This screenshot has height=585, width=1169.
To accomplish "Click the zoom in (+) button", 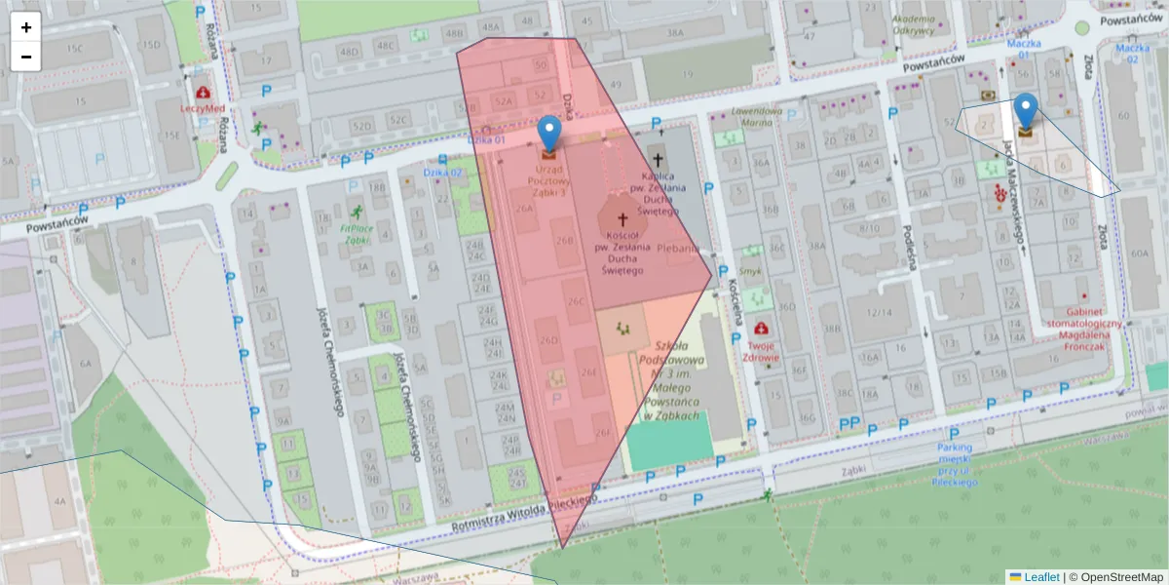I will click(26, 27).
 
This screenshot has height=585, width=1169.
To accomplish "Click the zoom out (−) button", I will click(26, 57).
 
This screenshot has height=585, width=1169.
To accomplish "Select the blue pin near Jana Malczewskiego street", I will click(1025, 111).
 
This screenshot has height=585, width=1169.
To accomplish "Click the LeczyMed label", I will click(203, 108).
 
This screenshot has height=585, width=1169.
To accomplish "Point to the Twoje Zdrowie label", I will click(762, 350).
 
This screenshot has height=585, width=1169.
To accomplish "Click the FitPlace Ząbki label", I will click(357, 234).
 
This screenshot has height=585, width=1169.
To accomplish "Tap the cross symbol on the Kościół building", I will click(622, 221).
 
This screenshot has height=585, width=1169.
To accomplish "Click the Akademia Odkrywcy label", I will click(913, 25).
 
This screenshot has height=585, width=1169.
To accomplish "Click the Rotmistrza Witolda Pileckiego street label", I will click(524, 516).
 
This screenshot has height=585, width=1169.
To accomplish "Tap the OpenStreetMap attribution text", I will click(1115, 577).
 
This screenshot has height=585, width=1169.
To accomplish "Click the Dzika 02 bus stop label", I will click(442, 173).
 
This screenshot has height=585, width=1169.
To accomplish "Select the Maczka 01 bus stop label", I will click(1024, 50).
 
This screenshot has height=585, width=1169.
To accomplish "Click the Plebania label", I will click(678, 249).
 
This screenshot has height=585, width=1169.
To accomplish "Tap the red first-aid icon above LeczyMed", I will click(203, 93).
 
